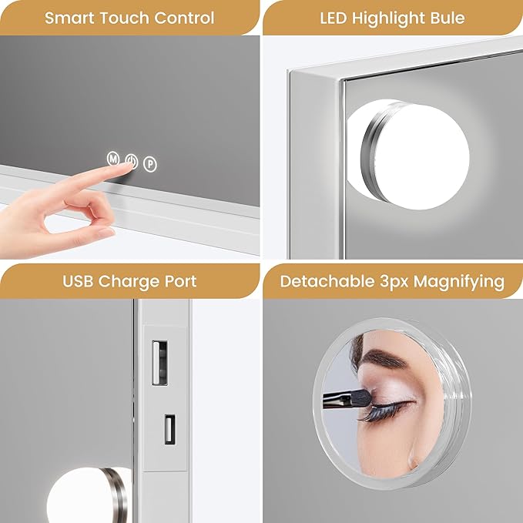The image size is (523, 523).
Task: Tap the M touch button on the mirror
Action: (x=112, y=159)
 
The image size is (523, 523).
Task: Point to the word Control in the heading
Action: (x=185, y=17)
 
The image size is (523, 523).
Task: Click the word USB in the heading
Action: (x=79, y=281)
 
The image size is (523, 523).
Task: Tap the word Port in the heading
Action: (x=179, y=281)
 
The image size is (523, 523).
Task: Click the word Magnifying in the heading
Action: (x=459, y=281)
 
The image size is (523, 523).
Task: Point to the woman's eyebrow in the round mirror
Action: (x=393, y=362)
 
